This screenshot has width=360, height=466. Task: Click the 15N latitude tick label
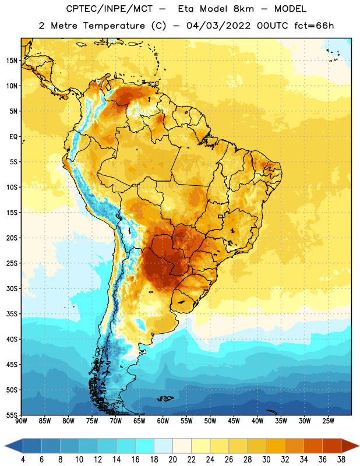[x=12, y=61]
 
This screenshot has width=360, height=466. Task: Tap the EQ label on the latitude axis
[x=13, y=137]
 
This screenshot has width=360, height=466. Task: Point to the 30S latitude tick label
[x=12, y=288]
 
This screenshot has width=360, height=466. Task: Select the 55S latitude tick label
[x=12, y=415]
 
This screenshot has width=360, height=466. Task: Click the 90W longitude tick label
[x=21, y=421]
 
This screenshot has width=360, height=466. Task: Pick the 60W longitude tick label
[x=163, y=421]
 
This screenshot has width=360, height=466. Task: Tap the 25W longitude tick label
[x=328, y=421]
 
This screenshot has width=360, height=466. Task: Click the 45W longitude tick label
[x=234, y=421]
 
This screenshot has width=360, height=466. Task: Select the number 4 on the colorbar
[x=23, y=460]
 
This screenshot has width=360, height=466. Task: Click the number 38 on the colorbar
[x=341, y=460]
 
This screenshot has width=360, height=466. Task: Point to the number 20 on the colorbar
[x=172, y=460]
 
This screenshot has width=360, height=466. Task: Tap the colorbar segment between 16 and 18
[x=145, y=446]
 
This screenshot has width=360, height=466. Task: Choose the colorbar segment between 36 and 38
[x=332, y=446]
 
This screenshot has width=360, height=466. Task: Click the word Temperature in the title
[x=114, y=26]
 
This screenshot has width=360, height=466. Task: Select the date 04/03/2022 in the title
[x=218, y=26]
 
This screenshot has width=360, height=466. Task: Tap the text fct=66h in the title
[x=314, y=26]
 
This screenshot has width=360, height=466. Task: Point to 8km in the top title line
[x=243, y=9]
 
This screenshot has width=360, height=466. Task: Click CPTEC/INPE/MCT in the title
[x=109, y=9]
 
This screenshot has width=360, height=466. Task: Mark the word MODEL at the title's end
[x=290, y=9]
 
